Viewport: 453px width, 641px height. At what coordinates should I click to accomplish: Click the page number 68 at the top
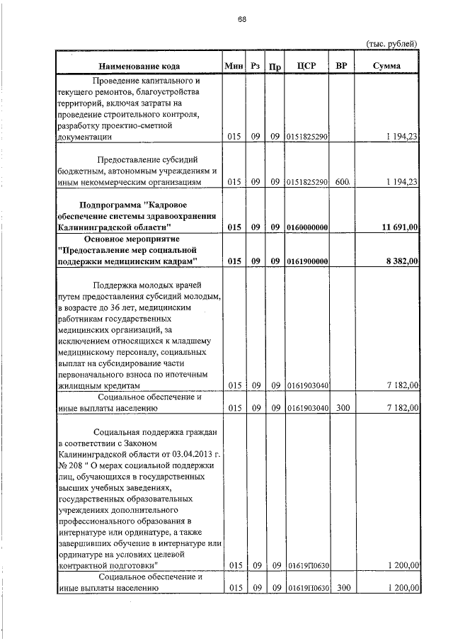point(241,19)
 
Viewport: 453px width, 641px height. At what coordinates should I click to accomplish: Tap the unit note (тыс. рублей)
point(391,43)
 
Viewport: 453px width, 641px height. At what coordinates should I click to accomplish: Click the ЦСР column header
point(306,66)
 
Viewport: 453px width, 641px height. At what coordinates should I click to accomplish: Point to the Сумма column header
point(387,66)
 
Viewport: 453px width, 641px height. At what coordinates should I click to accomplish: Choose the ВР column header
point(341,66)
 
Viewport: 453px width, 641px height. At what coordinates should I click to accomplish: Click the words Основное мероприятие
point(139,238)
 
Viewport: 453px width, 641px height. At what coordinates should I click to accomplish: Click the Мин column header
point(233,66)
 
